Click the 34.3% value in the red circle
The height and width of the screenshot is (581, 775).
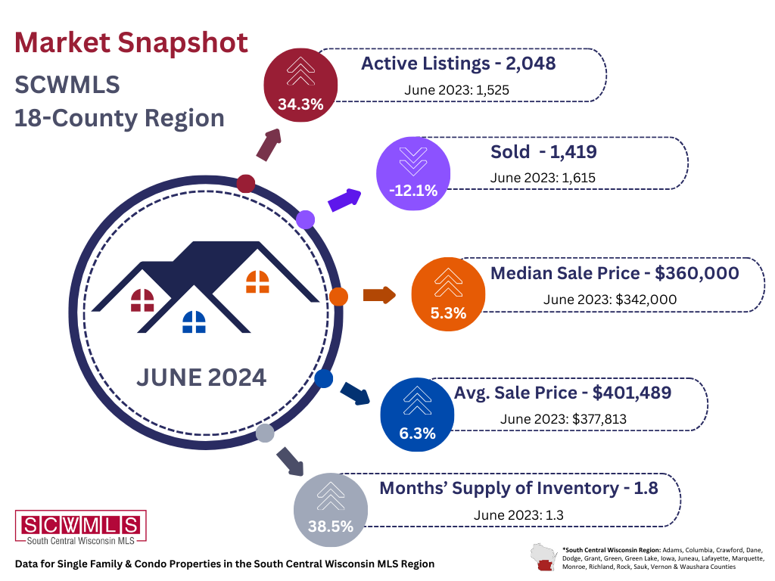pyautogui.click(x=300, y=104)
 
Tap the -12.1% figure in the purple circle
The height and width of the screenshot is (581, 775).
pyautogui.click(x=413, y=191)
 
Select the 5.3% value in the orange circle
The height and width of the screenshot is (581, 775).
pyautogui.click(x=448, y=313)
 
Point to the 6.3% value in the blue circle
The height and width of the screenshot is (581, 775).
pyautogui.click(x=417, y=433)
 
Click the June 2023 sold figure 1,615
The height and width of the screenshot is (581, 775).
pyautogui.click(x=577, y=177)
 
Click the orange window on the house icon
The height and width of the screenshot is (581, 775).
pyautogui.click(x=257, y=282)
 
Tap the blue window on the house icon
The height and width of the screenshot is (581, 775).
pyautogui.click(x=195, y=322)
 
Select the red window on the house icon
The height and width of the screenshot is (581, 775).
pyautogui.click(x=142, y=300)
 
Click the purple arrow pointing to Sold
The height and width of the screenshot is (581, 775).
pyautogui.click(x=344, y=200)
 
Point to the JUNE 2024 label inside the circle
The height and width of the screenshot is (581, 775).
pyautogui.click(x=201, y=377)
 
